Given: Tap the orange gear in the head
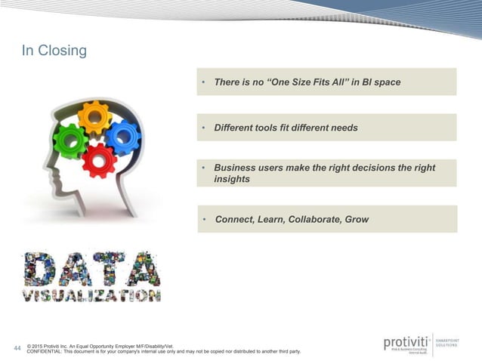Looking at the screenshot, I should [94, 116].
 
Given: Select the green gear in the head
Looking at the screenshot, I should [70, 140].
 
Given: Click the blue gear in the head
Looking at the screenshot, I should [122, 137].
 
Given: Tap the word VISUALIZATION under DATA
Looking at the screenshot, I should [91, 295].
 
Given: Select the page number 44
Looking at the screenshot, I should [18, 348].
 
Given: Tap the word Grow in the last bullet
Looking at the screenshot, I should [357, 220].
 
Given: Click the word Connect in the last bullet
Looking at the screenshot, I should [234, 220].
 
